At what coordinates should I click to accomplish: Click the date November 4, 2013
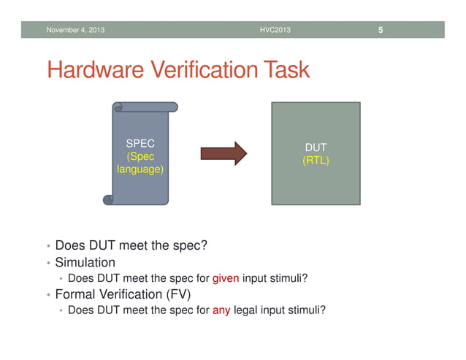[x=75, y=30]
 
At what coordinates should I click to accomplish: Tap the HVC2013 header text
[x=275, y=30]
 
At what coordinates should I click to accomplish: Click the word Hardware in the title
[x=95, y=70]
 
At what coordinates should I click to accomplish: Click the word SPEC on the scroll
[x=141, y=144]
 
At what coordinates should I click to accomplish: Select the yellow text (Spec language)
[x=141, y=163]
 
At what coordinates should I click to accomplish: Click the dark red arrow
[x=224, y=153]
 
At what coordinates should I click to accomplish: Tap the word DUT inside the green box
[x=316, y=148]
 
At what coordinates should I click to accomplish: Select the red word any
[x=221, y=310]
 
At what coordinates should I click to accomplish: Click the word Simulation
[x=85, y=261]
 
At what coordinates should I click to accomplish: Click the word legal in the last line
[x=247, y=310]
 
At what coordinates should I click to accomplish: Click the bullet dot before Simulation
[x=48, y=263]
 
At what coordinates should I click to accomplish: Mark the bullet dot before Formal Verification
[x=48, y=296]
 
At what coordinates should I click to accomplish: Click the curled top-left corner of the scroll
[x=118, y=107]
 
